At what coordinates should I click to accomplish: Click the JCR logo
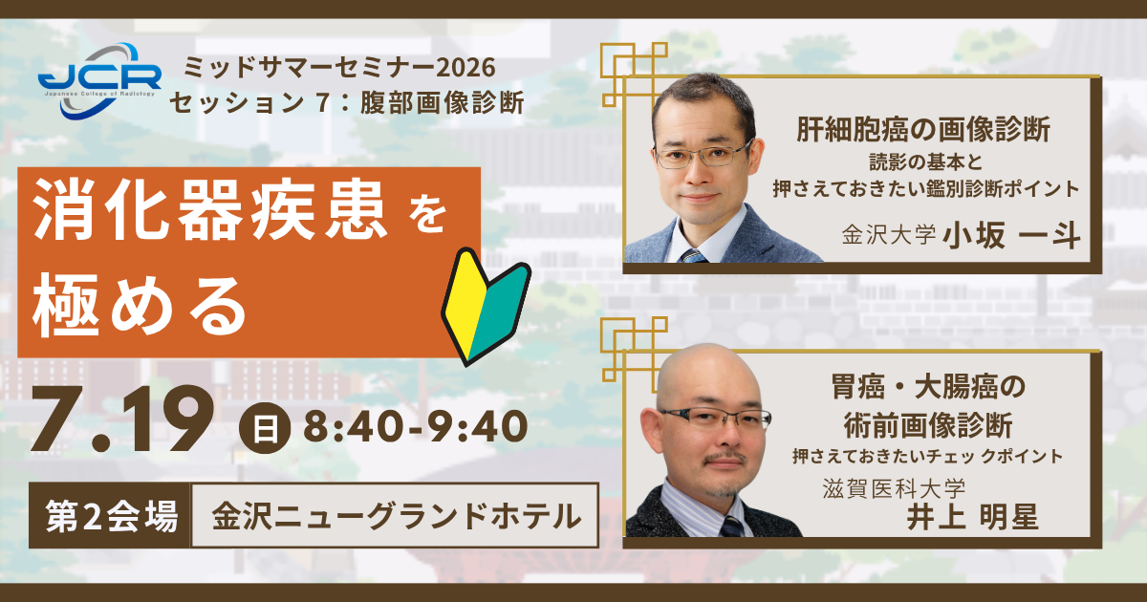pos(99,81)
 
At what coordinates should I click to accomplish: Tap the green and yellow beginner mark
pos(486,307)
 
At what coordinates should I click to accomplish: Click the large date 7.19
pos(123,419)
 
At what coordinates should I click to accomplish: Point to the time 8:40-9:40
pos(415,427)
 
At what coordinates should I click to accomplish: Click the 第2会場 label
pos(111,515)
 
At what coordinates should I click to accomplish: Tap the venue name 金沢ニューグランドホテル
pos(397,515)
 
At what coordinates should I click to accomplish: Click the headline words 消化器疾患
pos(210,210)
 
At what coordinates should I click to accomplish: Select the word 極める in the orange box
pos(139,305)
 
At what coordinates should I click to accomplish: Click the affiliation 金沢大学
pos(888,235)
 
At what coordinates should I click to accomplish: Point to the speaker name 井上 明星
pos(972,517)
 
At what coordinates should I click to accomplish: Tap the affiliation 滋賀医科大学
pos(894,488)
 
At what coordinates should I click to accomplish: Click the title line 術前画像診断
pos(928,425)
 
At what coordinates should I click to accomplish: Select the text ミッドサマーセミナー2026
pos(339,68)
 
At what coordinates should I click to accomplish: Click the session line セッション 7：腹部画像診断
pos(347,103)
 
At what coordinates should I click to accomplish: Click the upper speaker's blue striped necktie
pos(693,256)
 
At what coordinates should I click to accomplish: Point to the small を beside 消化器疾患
pos(428,216)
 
